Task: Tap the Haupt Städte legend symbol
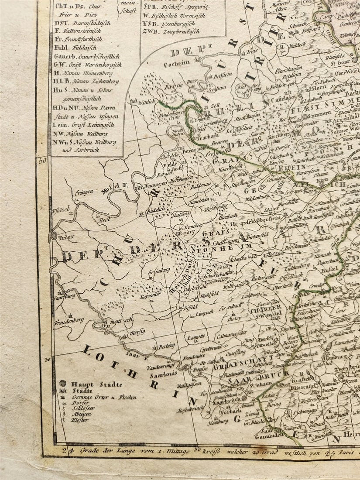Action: click(63, 384)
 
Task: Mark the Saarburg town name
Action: click(65, 295)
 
